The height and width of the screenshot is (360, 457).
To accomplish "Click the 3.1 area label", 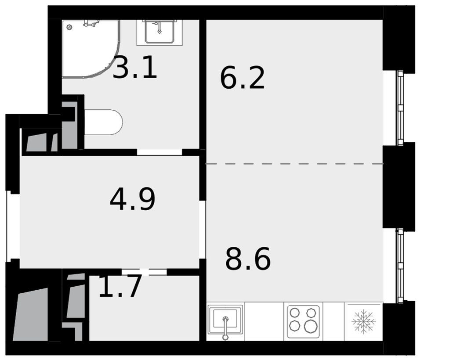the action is coord(135,68).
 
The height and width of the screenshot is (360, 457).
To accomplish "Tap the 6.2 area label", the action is coord(242,78).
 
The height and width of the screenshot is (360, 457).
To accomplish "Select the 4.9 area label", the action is coord(133,199).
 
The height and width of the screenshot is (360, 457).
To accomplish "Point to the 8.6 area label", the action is coord(248,258).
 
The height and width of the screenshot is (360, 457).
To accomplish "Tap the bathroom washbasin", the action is coord(160,32).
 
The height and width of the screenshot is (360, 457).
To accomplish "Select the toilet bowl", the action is coord(103,122).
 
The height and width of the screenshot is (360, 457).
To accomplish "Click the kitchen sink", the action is coord(225,320).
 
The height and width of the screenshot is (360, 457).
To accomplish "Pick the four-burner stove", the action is coord(303,321).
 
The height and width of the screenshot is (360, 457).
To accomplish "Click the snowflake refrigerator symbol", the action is coord(363,321).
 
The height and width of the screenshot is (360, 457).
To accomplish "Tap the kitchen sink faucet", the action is coord(225,328).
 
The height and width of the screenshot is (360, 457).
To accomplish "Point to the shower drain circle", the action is coord(69,27).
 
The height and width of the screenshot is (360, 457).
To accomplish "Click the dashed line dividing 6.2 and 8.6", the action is coord(294,164).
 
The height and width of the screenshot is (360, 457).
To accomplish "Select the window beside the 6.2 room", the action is coord(400,108).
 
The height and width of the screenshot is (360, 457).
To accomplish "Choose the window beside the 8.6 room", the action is coord(400,266).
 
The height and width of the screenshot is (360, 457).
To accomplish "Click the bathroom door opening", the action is coord(160,152).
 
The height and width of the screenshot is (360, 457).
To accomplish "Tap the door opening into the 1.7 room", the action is coord(144,272).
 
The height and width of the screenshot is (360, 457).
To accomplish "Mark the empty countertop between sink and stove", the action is coord(265,321).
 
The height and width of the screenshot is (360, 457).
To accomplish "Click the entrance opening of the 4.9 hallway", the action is coord(13,226).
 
